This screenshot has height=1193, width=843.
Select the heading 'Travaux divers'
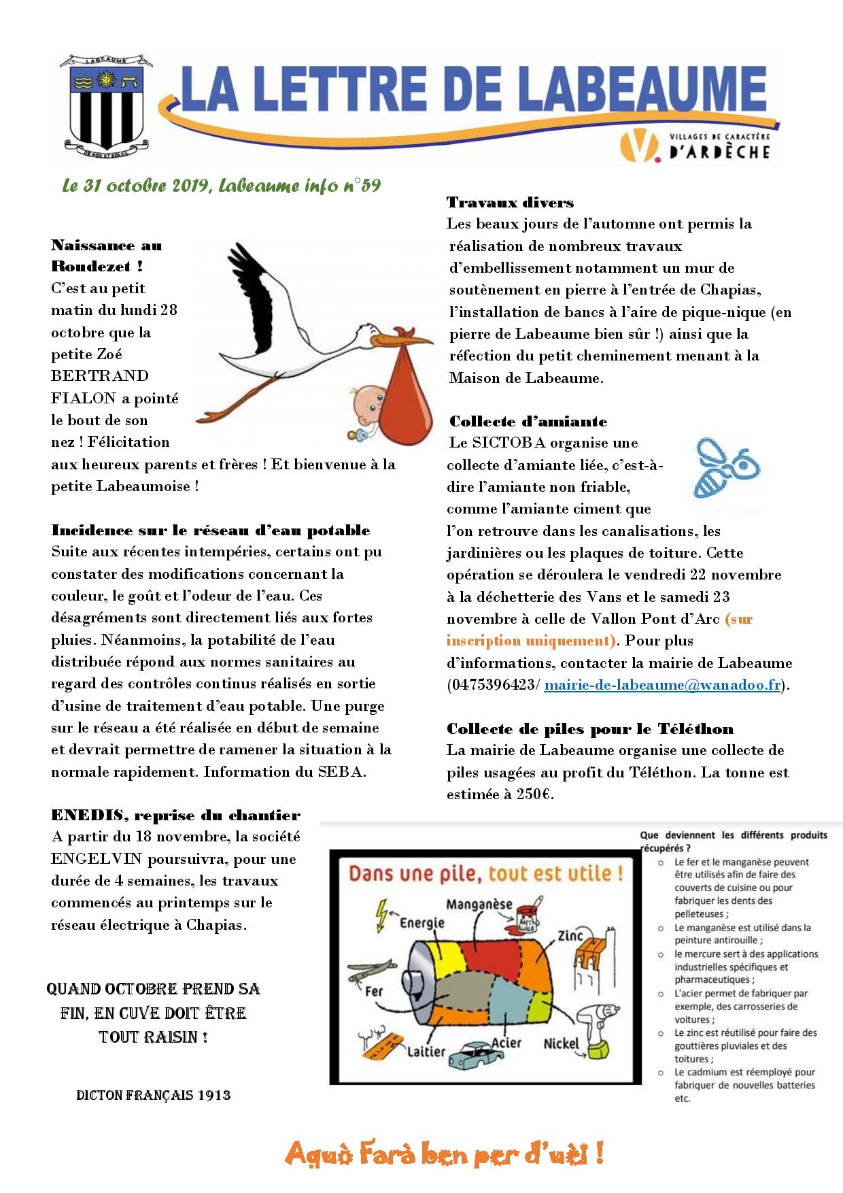pos(510,202)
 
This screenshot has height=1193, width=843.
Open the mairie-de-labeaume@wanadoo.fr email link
pos(662,684)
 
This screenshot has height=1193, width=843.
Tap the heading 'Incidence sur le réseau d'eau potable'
pos(211,530)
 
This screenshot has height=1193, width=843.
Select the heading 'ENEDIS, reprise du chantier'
pos(175,815)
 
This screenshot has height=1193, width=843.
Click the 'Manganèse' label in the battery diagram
pos(479,904)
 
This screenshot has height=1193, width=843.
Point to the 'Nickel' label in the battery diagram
pos(560,1043)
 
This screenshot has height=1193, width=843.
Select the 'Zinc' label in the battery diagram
pos(569,936)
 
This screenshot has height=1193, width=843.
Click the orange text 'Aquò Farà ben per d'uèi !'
pos(445,1154)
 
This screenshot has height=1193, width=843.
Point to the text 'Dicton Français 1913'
pos(154,1095)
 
